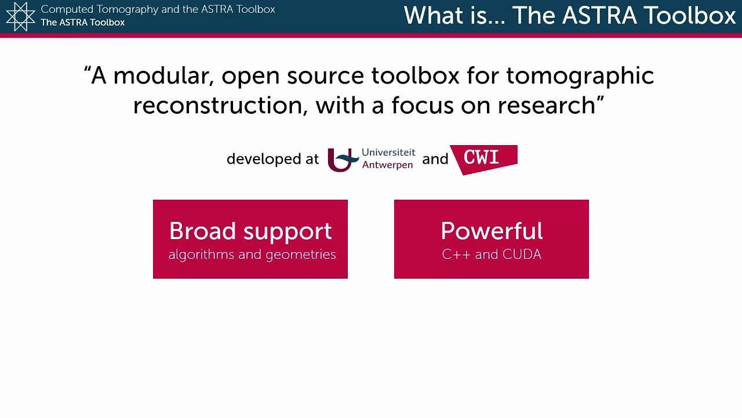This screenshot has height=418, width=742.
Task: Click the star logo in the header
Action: click(x=20, y=16)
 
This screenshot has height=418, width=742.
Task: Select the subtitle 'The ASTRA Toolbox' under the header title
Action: click(x=82, y=23)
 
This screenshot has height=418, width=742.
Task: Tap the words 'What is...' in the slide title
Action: click(x=453, y=16)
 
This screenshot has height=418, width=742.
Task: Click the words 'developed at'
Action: click(x=272, y=159)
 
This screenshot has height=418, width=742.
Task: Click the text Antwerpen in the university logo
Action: click(x=387, y=165)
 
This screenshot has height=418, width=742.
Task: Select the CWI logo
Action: click(x=483, y=158)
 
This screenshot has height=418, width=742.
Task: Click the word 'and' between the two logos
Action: click(x=435, y=159)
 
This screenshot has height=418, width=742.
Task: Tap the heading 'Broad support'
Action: click(x=250, y=231)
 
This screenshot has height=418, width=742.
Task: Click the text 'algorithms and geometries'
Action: click(x=252, y=254)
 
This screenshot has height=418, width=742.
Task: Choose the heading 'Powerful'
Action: click(x=492, y=231)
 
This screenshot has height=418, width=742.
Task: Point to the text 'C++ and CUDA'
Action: click(x=492, y=254)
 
